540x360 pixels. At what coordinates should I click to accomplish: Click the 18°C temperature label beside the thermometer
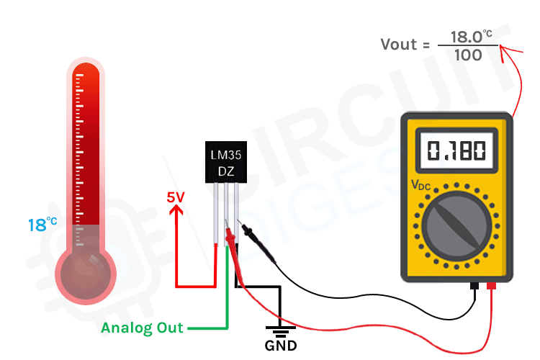coord(42,225)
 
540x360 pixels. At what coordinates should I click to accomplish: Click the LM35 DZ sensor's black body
coord(227,163)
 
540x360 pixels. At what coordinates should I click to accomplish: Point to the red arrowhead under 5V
coord(179,210)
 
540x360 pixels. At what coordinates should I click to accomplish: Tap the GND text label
coord(280,345)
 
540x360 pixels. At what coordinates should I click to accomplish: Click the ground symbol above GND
coord(280,329)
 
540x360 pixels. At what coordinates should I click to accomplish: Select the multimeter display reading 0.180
coord(456,150)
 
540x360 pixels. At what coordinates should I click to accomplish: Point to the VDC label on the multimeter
coord(421,184)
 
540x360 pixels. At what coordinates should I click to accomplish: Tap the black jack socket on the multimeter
coord(474,287)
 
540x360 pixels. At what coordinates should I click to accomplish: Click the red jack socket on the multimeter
coord(492,287)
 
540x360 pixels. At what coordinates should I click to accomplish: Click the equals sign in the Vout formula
coord(426,45)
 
